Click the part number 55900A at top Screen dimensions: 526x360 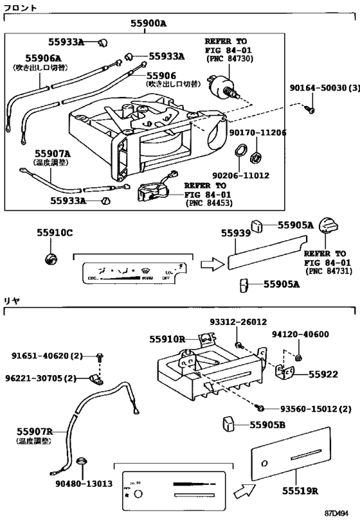[148, 24]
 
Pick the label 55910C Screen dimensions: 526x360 [54, 234]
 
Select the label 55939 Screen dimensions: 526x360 [235, 234]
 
